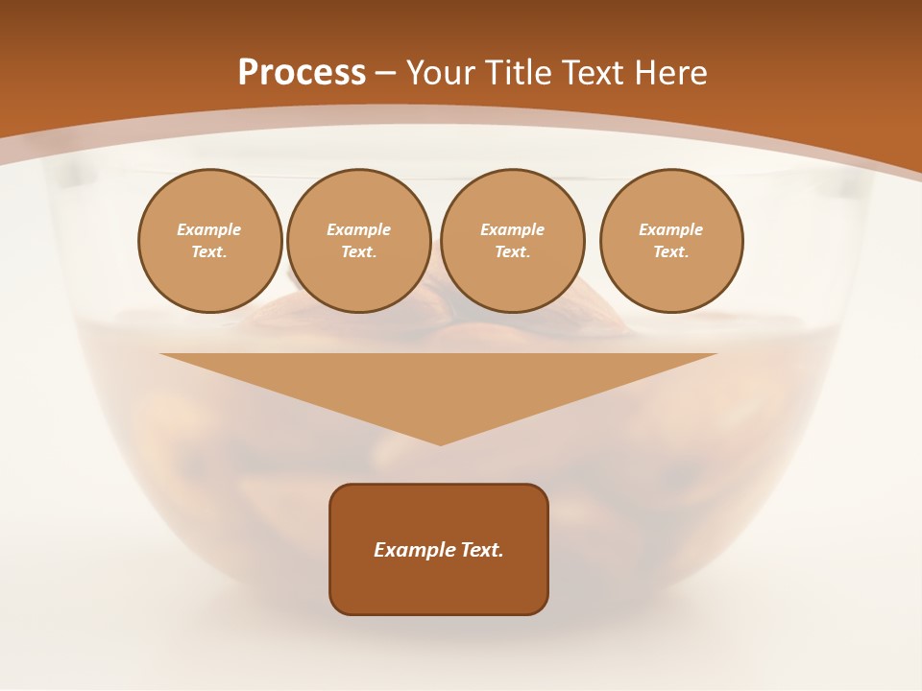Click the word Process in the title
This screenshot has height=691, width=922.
point(302,73)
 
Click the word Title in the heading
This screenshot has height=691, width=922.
point(517,73)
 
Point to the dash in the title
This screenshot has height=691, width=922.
point(385,74)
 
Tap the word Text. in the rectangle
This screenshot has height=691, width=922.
point(481,550)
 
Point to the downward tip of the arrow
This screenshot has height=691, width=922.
point(440,442)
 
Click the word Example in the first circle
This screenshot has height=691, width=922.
point(209,229)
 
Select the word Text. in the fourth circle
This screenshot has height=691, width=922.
point(670,251)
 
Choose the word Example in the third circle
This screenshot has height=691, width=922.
point(512,229)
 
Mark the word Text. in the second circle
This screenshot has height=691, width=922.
point(358,251)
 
